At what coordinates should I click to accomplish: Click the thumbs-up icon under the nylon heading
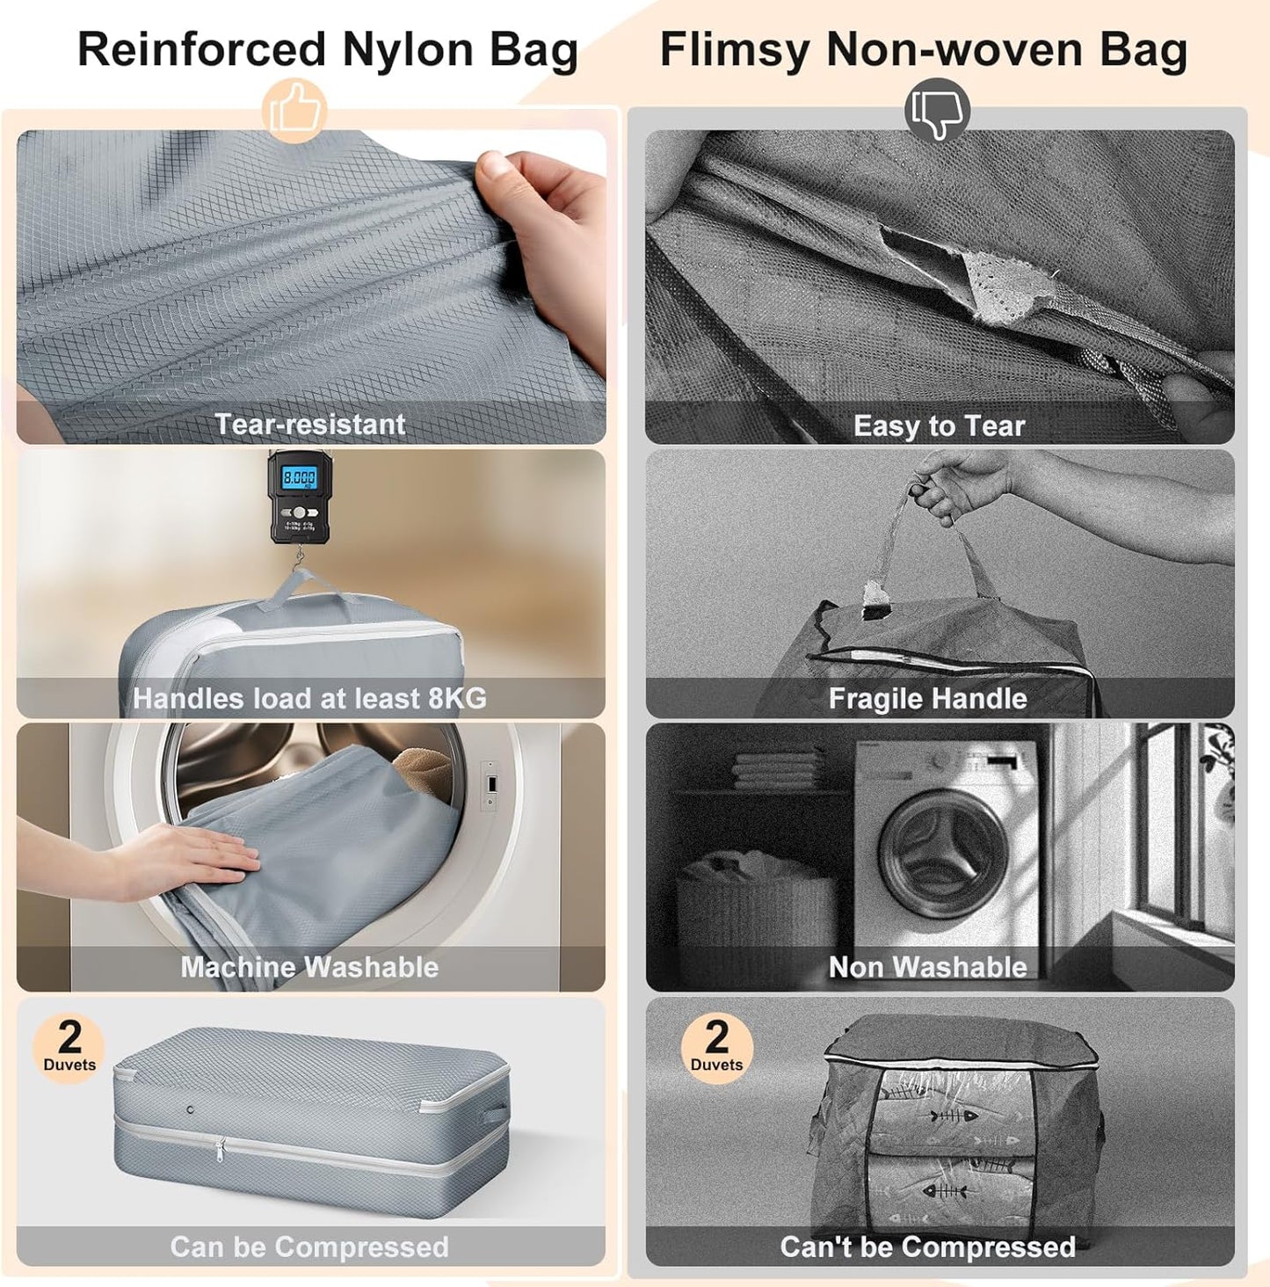point(294,111)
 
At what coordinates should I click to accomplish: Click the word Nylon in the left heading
point(407,49)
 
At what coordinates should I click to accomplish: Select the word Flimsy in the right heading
point(735,49)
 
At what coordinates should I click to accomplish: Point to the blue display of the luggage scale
point(298,478)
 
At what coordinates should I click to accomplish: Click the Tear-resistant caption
point(310,425)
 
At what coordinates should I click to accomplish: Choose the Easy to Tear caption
point(939,426)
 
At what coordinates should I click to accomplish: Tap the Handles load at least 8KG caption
point(309,699)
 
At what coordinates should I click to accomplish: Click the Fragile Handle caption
point(927,699)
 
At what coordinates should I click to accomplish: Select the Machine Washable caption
point(309,967)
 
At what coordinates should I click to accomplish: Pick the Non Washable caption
point(927,967)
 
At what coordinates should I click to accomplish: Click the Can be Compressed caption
point(309,1247)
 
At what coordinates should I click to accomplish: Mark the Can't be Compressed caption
point(927,1247)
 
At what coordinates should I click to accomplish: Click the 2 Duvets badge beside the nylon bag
point(69,1047)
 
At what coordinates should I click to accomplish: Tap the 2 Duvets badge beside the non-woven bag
point(716,1047)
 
